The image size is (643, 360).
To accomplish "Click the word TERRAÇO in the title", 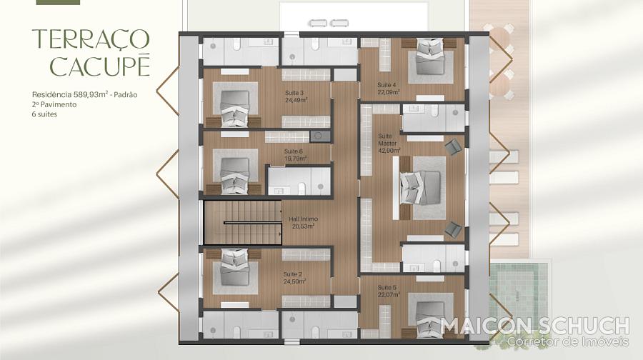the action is [x=91, y=39].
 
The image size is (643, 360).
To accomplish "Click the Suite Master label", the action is [x=387, y=140].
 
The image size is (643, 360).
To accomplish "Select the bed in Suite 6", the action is [x=234, y=176].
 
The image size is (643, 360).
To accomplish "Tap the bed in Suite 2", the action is [x=234, y=267].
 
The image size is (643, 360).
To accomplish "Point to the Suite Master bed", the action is [x=420, y=188].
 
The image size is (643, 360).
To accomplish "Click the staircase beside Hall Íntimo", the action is [x=243, y=223].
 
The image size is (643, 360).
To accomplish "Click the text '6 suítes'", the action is [x=44, y=114].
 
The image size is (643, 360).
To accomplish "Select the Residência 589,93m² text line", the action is [x=84, y=95].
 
